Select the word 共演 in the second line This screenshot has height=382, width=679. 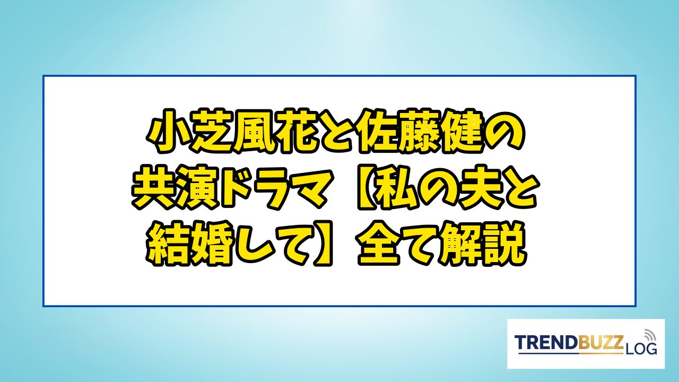tap(175, 189)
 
